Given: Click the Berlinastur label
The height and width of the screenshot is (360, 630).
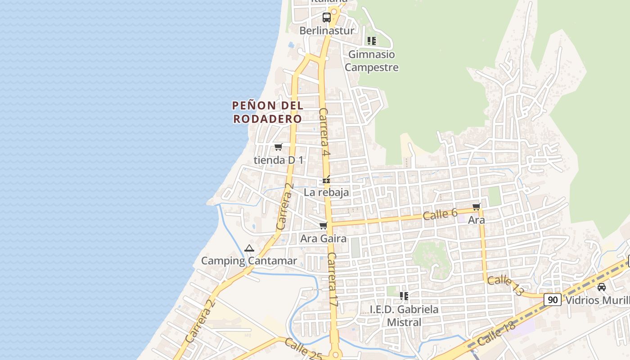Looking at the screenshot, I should [327, 31].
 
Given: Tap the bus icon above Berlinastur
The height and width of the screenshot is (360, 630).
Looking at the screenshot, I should [327, 18].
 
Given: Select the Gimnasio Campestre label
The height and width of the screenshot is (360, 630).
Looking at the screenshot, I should [372, 61].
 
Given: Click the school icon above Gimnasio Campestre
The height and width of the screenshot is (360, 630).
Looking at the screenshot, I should [371, 41].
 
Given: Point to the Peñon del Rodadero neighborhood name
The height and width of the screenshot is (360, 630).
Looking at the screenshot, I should [267, 112].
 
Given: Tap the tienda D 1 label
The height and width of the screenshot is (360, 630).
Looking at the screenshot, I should [279, 160].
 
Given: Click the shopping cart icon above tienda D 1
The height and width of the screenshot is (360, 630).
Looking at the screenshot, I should [279, 147].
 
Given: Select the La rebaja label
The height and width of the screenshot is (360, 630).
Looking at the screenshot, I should [326, 193].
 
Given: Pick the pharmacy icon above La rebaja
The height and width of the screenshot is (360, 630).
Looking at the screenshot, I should [326, 180].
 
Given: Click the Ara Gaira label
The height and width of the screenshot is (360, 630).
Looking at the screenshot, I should [323, 238].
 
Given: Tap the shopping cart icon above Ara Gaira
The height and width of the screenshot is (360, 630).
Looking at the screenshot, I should [323, 225].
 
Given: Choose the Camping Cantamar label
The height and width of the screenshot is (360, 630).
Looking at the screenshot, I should [249, 261].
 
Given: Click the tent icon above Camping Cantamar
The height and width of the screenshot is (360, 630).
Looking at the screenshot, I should [249, 248].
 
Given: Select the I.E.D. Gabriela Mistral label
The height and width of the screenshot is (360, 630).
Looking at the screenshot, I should [404, 316].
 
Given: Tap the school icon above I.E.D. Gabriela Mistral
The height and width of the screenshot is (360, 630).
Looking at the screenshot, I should [404, 296].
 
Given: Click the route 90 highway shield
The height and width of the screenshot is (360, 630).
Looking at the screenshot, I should [552, 300].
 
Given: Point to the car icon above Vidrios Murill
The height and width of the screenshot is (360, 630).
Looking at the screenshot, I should [601, 287].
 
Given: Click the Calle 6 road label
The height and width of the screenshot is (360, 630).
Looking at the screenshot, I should [440, 215].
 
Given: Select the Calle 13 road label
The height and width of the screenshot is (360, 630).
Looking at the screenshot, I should [506, 286].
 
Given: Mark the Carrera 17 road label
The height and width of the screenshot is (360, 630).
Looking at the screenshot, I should [332, 279].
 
